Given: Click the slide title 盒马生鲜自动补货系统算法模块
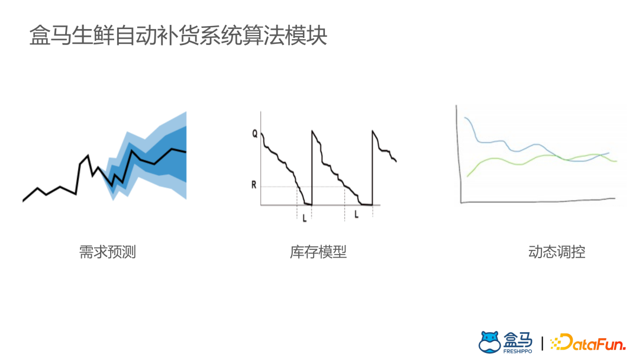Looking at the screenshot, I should [x=178, y=36].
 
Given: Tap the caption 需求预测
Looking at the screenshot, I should [x=108, y=252].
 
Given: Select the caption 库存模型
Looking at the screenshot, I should [x=318, y=252].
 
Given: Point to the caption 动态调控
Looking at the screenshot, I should [x=557, y=252].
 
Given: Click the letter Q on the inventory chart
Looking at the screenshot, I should [x=255, y=134].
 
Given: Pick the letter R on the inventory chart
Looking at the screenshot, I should [x=254, y=185].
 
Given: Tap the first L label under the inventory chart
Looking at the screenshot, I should [x=304, y=218].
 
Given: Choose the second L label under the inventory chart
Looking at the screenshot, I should [x=356, y=214].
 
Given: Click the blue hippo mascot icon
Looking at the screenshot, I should [x=489, y=342].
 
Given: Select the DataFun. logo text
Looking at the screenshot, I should [x=595, y=342].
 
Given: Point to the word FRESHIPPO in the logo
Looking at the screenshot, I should [x=518, y=351].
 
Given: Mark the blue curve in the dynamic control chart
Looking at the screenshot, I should [x=491, y=142].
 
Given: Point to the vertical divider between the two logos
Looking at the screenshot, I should [x=543, y=342].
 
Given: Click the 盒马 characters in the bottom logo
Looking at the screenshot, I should [x=518, y=339].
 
